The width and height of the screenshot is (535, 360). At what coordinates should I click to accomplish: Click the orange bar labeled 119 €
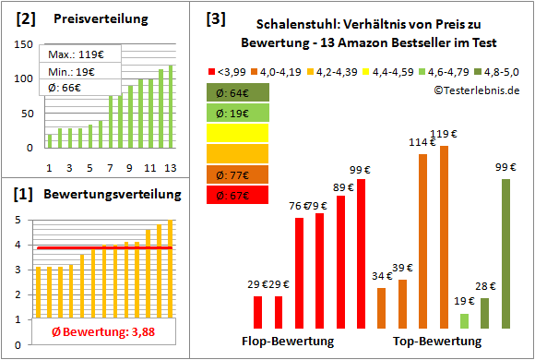point(445,237)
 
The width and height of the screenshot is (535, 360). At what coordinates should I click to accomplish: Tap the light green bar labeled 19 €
point(464,320)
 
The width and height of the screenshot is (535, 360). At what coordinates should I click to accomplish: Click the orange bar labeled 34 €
point(382,307)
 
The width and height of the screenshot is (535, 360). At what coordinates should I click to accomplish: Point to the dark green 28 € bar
point(485,313)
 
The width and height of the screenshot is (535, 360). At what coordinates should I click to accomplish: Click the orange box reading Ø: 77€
point(238,173)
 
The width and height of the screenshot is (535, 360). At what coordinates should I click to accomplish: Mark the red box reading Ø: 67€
point(238,194)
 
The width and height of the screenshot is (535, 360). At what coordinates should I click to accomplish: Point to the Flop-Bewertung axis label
point(287,342)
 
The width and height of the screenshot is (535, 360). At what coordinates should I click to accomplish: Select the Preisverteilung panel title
point(91,19)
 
